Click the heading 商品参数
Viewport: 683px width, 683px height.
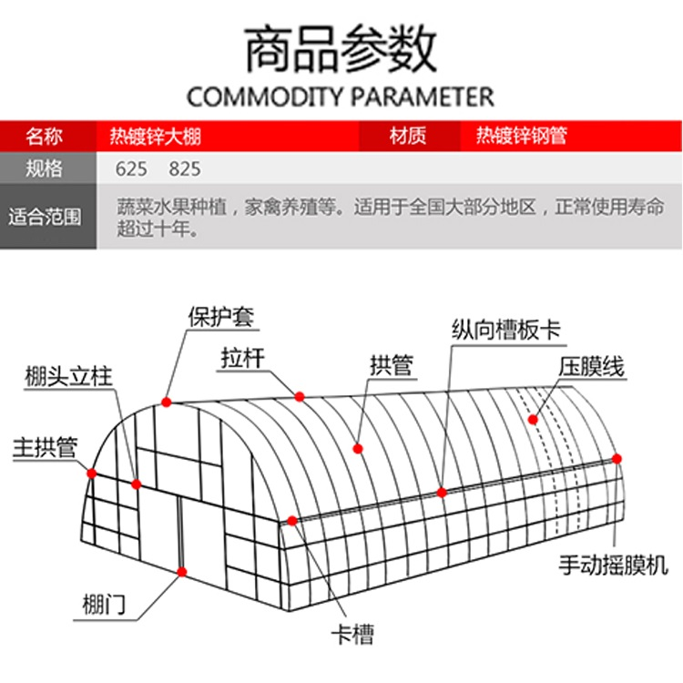pyautogui.click(x=341, y=48)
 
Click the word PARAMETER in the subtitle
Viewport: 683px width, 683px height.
pyautogui.click(x=423, y=97)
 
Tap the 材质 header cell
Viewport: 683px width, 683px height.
pyautogui.click(x=408, y=136)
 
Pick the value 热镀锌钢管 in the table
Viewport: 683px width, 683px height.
pyautogui.click(x=522, y=136)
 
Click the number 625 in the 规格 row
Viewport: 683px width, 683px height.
pyautogui.click(x=131, y=169)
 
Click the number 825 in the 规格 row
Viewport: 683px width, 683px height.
pyautogui.click(x=185, y=169)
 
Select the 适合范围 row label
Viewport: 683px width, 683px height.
pyautogui.click(x=45, y=217)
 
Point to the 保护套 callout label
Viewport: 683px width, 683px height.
pyautogui.click(x=221, y=317)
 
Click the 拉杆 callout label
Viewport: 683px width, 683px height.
pyautogui.click(x=242, y=358)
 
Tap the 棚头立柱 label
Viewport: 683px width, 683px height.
pyautogui.click(x=69, y=376)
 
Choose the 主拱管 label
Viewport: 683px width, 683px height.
pyautogui.click(x=46, y=447)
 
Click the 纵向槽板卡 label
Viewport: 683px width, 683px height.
pyautogui.click(x=506, y=330)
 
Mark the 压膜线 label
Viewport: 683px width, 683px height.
pyautogui.click(x=592, y=367)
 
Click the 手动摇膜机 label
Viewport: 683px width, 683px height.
pyautogui.click(x=613, y=565)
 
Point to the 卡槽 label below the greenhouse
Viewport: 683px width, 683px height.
pyautogui.click(x=352, y=635)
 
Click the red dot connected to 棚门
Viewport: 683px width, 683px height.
pyautogui.click(x=182, y=572)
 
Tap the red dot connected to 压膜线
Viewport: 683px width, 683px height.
pyautogui.click(x=533, y=420)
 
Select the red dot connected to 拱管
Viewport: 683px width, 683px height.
pyautogui.click(x=358, y=449)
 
